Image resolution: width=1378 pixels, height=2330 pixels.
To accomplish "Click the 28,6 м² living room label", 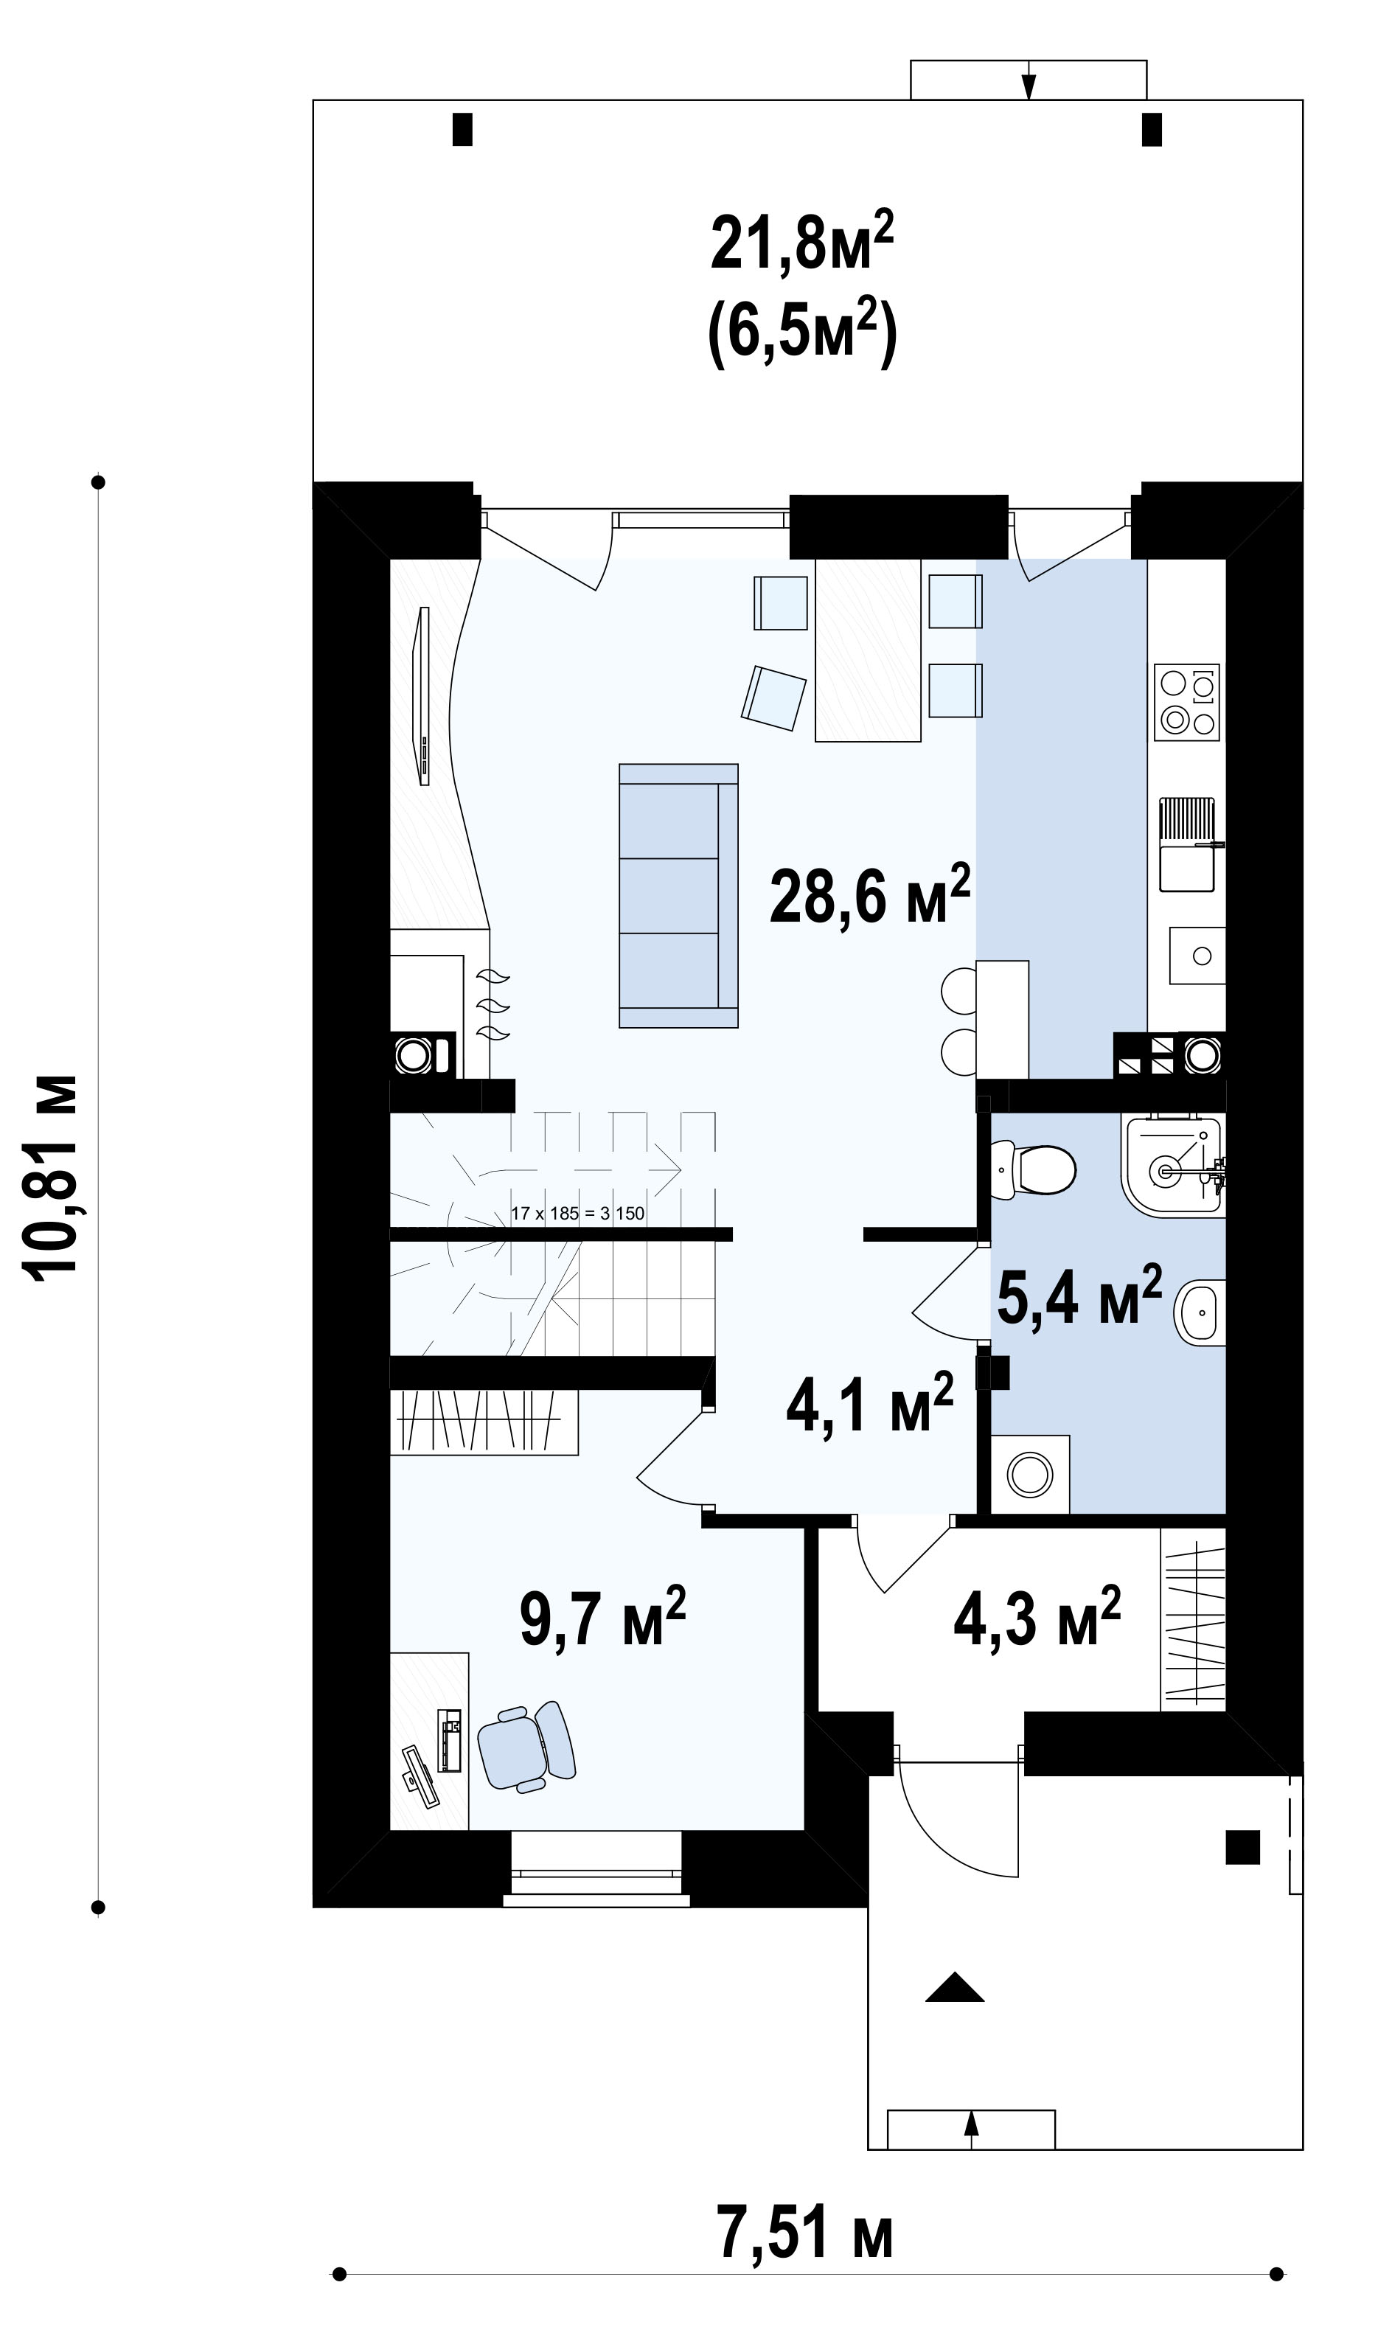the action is (870, 895).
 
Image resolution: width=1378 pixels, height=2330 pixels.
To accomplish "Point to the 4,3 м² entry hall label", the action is (1037, 1616).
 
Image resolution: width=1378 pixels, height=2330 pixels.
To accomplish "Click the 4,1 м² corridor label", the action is (869, 1403).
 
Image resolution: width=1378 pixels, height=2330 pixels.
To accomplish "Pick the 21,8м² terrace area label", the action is (802, 240).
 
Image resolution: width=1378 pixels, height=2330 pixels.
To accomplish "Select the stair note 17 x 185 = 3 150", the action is (577, 1214).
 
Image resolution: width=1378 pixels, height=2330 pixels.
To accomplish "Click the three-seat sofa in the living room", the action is (679, 895).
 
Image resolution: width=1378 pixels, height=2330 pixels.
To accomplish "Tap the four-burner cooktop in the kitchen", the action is (1187, 702).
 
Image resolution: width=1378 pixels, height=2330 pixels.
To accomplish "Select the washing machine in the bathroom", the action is (1031, 1474).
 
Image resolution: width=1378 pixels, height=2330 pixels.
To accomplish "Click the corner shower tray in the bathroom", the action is (1175, 1166).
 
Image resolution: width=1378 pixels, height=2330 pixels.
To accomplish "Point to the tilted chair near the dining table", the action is (773, 698).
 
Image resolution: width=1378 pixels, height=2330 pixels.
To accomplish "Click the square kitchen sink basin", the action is (1197, 955).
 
